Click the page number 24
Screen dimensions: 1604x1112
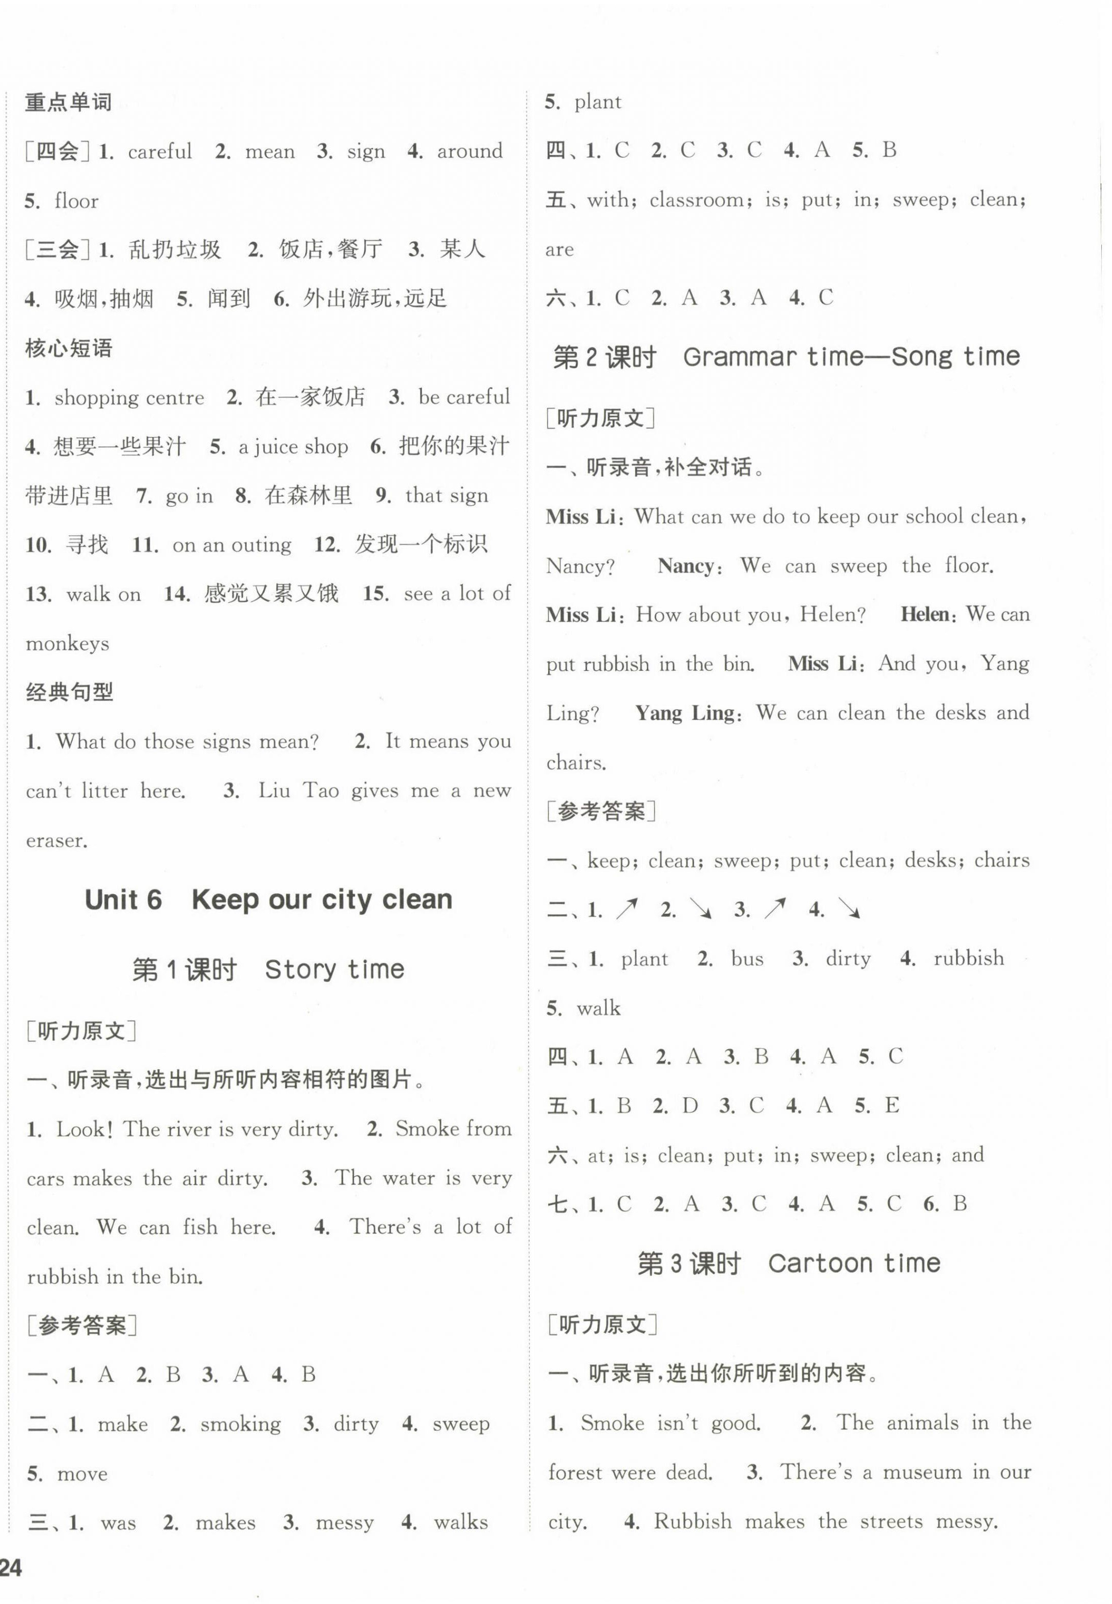(12, 1568)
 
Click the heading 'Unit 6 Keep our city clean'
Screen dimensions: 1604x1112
(268, 899)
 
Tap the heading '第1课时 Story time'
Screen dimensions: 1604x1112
(268, 969)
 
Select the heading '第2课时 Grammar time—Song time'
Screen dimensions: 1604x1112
(786, 356)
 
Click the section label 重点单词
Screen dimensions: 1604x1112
(68, 102)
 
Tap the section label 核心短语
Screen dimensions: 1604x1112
(68, 348)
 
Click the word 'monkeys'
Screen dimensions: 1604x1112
(68, 644)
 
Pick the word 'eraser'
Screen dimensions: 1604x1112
(56, 840)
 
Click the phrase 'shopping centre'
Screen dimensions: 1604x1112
(130, 398)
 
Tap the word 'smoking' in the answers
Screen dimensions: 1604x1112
(240, 1424)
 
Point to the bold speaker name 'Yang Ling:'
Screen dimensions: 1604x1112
(686, 713)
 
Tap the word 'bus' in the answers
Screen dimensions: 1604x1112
(747, 959)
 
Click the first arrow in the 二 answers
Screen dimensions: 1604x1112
(626, 909)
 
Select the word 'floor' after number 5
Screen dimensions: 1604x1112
(77, 201)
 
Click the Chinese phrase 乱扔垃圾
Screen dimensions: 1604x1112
(174, 249)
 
